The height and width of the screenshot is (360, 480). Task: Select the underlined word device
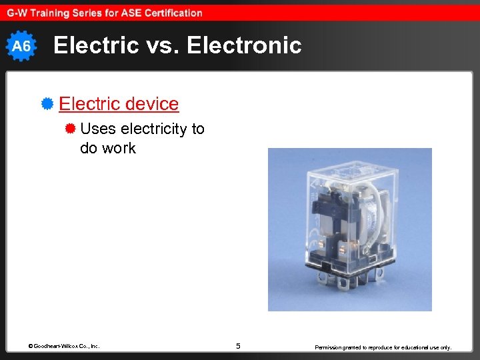pos(151,104)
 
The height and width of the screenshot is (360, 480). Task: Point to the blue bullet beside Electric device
pos(47,104)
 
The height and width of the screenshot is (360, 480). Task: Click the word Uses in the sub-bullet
pos(98,129)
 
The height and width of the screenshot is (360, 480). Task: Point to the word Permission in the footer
pos(330,347)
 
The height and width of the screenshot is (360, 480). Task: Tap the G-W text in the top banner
pos(17,13)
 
